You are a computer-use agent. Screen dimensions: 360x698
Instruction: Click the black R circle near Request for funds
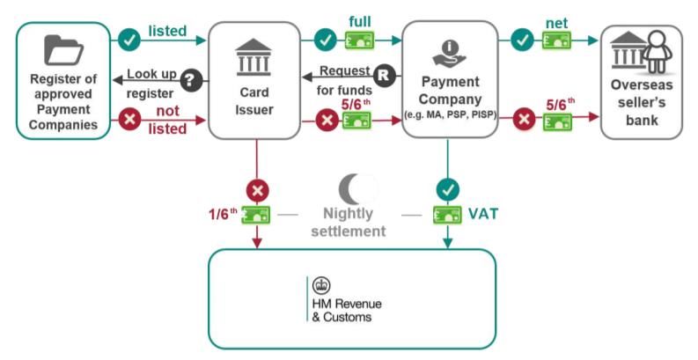[x=383, y=75]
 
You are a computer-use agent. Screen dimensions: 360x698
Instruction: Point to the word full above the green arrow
[x=360, y=20]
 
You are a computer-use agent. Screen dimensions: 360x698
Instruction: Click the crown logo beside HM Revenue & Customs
[x=321, y=285]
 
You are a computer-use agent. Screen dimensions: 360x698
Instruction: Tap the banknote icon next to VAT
[x=448, y=214]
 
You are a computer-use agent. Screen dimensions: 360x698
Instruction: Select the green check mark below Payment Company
[x=448, y=188]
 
